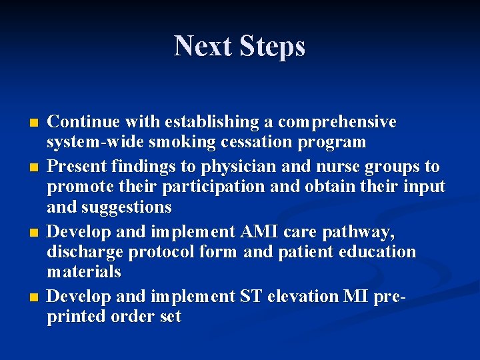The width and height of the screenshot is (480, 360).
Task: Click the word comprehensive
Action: [337, 123]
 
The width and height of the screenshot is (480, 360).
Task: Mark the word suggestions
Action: [127, 207]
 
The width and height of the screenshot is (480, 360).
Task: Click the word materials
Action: [84, 272]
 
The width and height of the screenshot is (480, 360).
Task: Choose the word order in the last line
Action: [130, 316]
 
